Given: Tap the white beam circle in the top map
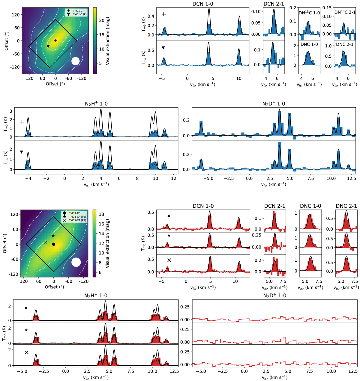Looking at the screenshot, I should coord(76,61).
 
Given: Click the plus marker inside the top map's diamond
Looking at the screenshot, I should coord(55,40).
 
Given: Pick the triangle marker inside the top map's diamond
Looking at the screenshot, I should coord(48,46).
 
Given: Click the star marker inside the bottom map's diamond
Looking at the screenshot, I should coord(53,236).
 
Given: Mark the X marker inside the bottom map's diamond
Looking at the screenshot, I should coord(46,242).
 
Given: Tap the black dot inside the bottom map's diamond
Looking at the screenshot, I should coord(54,244).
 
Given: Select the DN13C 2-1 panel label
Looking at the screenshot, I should coord(345,12).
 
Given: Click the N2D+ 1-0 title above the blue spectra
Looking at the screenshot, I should coord(273,104).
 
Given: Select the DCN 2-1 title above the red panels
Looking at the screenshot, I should coord(274,206).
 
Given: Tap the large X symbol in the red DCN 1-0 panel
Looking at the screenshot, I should coord(169,260).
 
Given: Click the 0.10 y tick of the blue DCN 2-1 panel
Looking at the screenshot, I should coord(257,12).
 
